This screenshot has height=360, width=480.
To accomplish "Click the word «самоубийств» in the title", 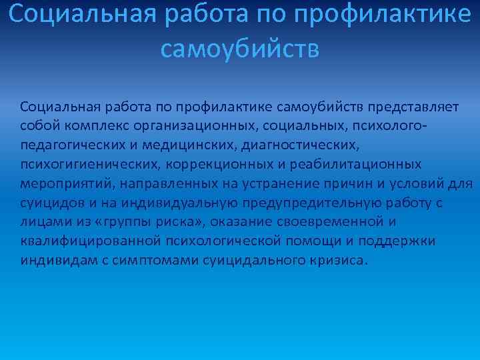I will (240, 48).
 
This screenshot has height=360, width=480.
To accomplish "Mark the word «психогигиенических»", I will (83, 164).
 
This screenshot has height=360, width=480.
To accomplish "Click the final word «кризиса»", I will (339, 259).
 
